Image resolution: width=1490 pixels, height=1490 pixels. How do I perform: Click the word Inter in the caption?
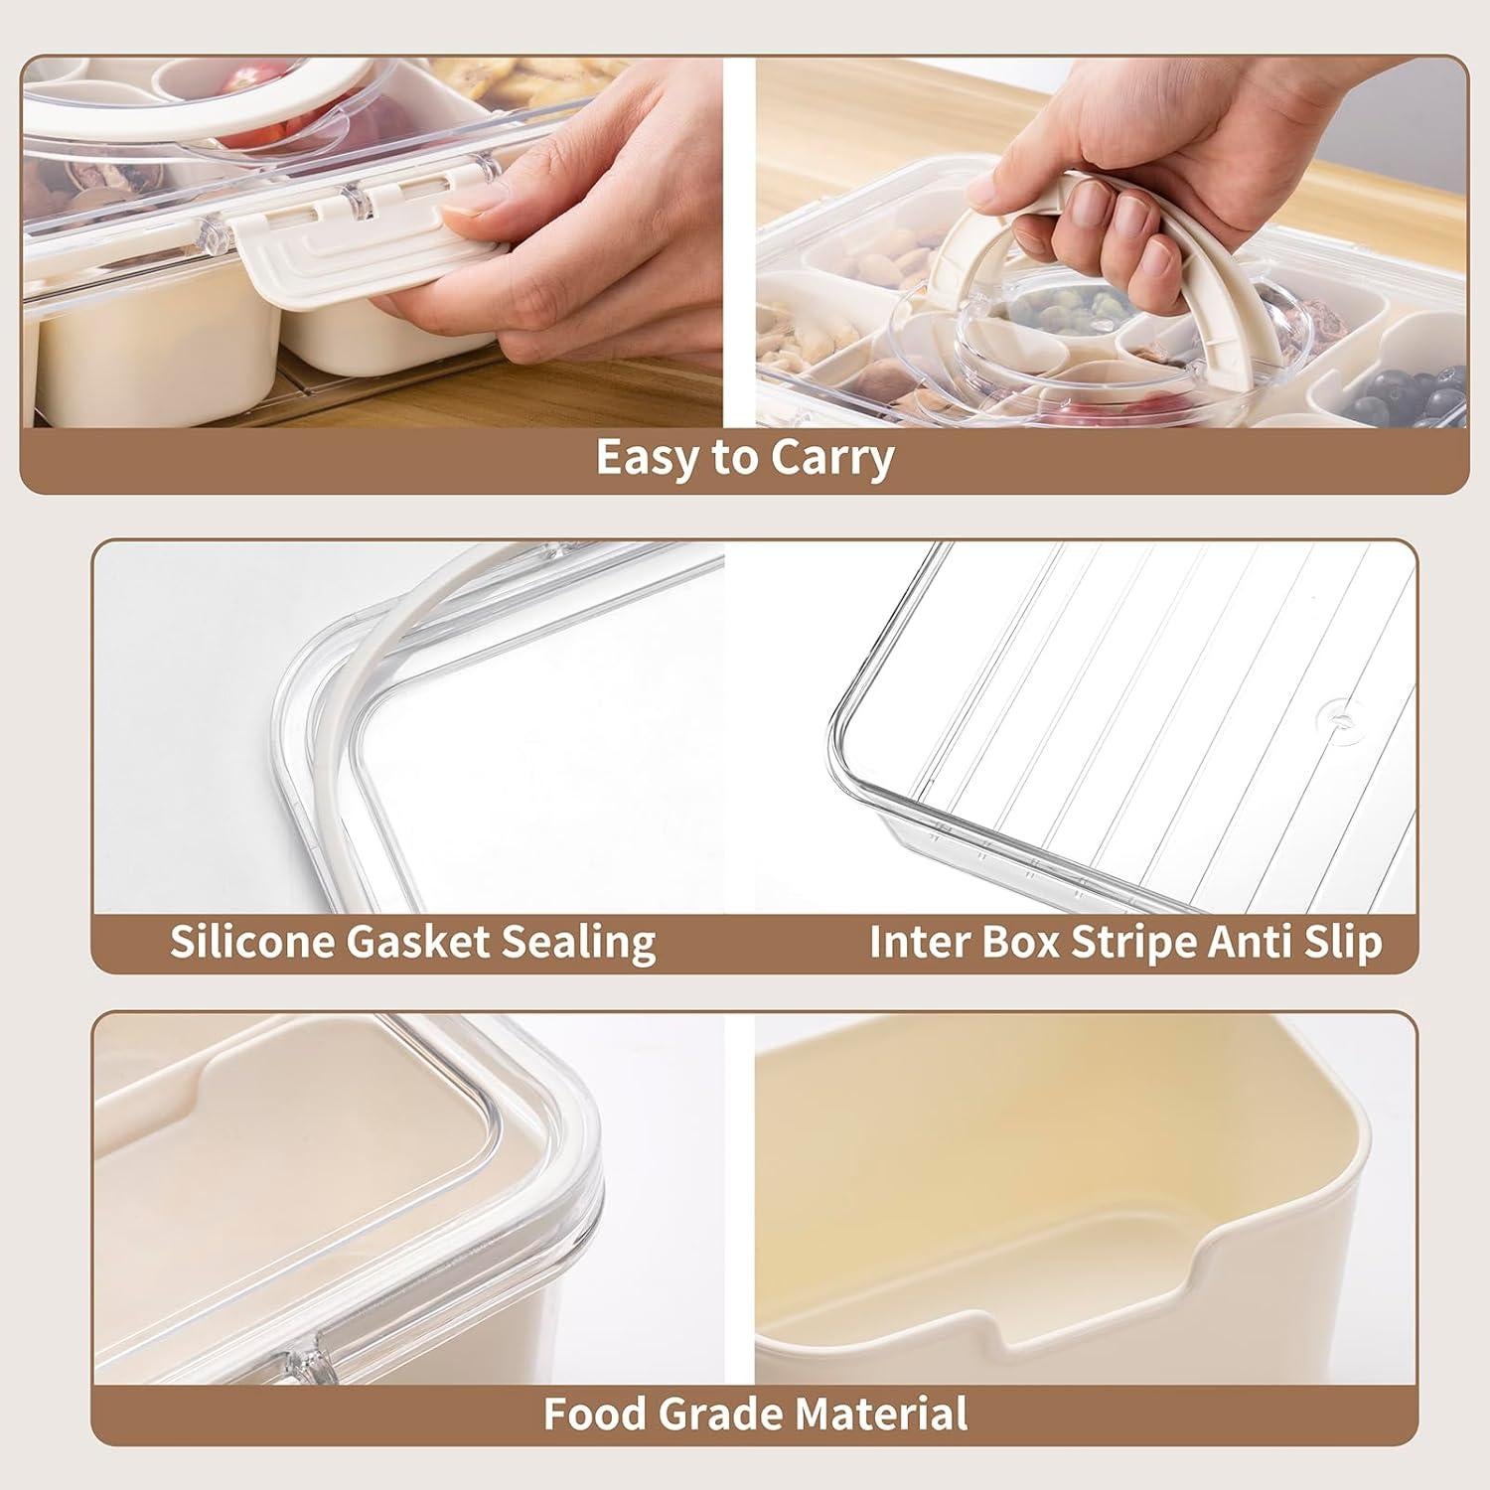[x=918, y=941]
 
